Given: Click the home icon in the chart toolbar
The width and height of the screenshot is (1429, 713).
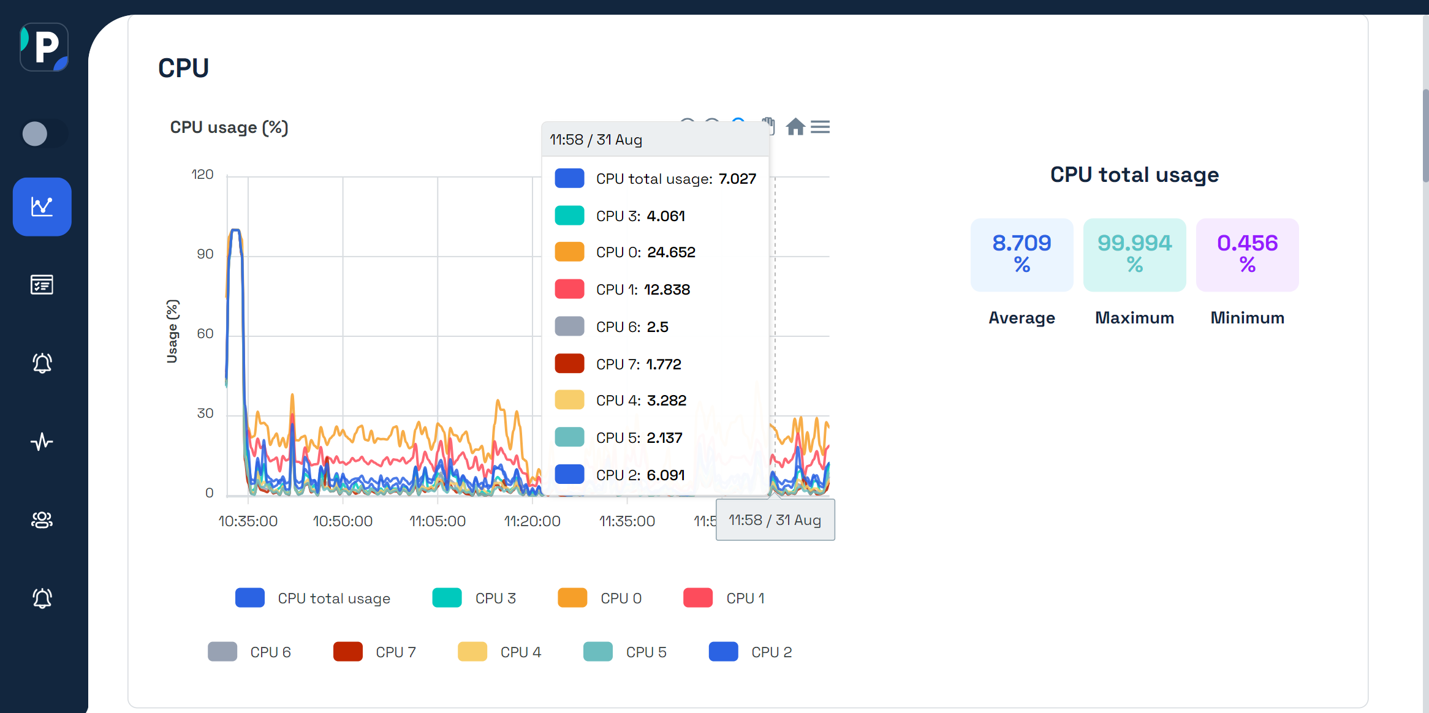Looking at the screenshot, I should click(x=795, y=127).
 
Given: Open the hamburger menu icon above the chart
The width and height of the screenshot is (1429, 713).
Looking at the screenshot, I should click(x=820, y=127).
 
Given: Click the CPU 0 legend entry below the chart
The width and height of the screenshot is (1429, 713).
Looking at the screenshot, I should click(x=601, y=598).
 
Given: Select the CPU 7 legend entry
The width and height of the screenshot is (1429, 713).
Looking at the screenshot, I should click(x=375, y=652).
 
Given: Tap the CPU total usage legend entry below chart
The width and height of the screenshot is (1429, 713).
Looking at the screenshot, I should click(x=313, y=598).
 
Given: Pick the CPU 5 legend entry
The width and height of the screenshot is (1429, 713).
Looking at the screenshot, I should click(x=626, y=652).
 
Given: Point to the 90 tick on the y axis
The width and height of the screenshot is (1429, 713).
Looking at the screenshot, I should click(x=205, y=254).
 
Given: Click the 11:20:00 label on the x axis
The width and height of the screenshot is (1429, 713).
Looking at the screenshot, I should click(x=532, y=521).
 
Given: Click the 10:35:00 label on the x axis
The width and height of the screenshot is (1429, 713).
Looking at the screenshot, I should click(x=248, y=521).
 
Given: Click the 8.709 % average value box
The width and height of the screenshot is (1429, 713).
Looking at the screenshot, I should click(x=1022, y=254).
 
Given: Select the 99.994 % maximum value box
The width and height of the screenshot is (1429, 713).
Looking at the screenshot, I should click(x=1134, y=254).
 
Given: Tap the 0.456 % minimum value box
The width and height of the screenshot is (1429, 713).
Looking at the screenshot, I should click(x=1247, y=254).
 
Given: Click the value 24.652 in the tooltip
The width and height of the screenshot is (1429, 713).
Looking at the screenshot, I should click(x=671, y=252).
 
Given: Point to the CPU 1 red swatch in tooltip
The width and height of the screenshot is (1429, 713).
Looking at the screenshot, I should click(x=569, y=289).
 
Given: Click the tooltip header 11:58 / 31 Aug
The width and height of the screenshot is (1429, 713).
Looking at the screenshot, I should click(x=596, y=140).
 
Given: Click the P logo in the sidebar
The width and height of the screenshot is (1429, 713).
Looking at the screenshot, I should click(x=44, y=47).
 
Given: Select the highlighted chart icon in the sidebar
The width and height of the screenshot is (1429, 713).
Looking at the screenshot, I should click(x=42, y=206).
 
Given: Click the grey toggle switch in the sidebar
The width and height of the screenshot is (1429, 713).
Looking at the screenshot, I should click(x=43, y=134).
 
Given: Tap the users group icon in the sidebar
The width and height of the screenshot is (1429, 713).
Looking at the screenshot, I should click(x=42, y=520).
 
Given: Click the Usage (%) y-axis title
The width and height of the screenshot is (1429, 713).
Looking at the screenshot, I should click(x=172, y=331).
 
